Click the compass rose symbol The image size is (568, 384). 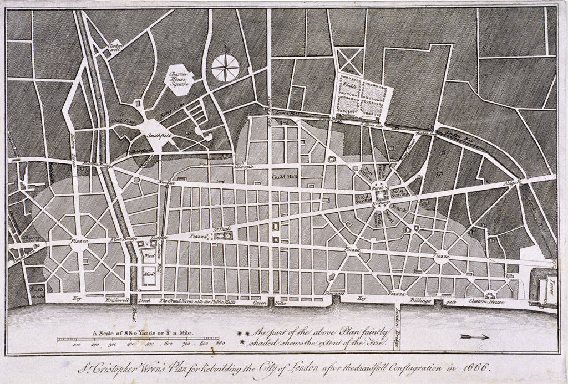point(226,68)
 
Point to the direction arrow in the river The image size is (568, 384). point(474,336)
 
